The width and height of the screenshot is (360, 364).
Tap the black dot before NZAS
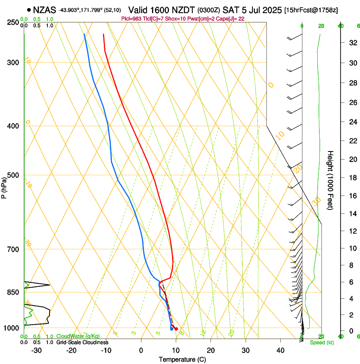pyautogui.click(x=29, y=10)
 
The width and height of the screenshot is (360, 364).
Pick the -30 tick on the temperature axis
pyautogui.click(x=36, y=350)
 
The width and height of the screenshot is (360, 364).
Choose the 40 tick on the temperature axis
pyautogui.click(x=280, y=350)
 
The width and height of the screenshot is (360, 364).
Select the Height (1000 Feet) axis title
pyautogui.click(x=330, y=180)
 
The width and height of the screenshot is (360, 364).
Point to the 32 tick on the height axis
pyautogui.click(x=352, y=43)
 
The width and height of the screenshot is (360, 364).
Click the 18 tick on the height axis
pyautogui.click(x=352, y=178)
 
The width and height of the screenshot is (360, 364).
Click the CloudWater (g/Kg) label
pyautogui.click(x=78, y=336)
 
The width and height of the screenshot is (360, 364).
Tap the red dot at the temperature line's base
pyautogui.click(x=176, y=329)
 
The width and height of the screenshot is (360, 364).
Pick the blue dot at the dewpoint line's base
pyautogui.click(x=172, y=329)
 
